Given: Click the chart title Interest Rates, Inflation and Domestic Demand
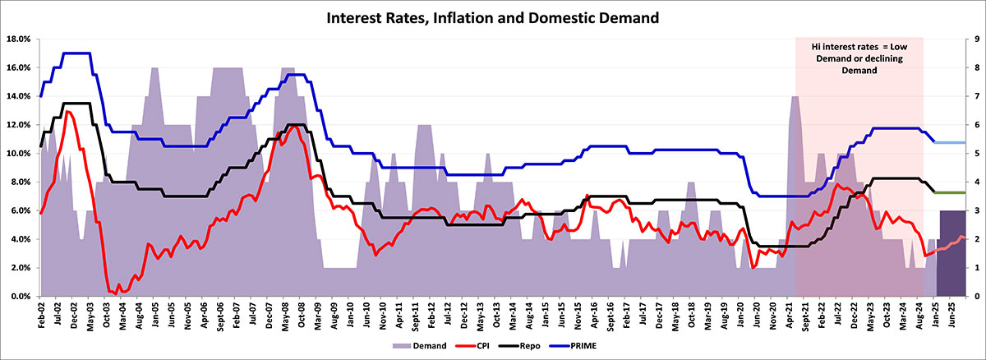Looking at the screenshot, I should [493, 16].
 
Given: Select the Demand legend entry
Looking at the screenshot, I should [427, 346].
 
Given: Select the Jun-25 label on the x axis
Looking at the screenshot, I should [951, 316].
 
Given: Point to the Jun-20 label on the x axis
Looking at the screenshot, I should [753, 316].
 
